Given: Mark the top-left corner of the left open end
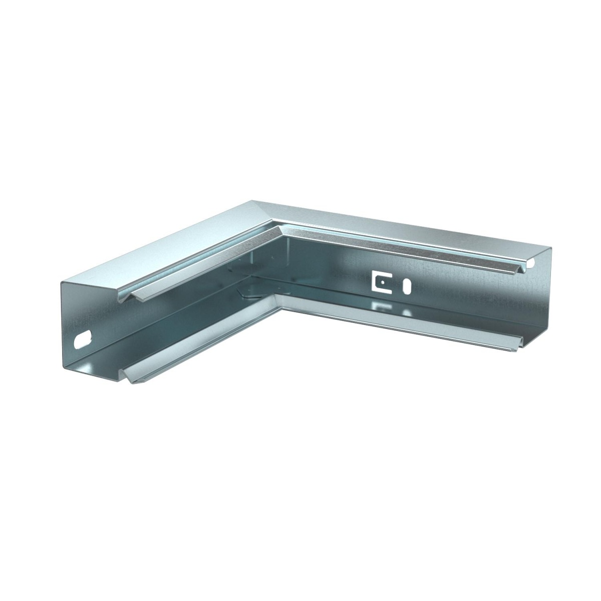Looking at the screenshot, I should pos(62,282).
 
